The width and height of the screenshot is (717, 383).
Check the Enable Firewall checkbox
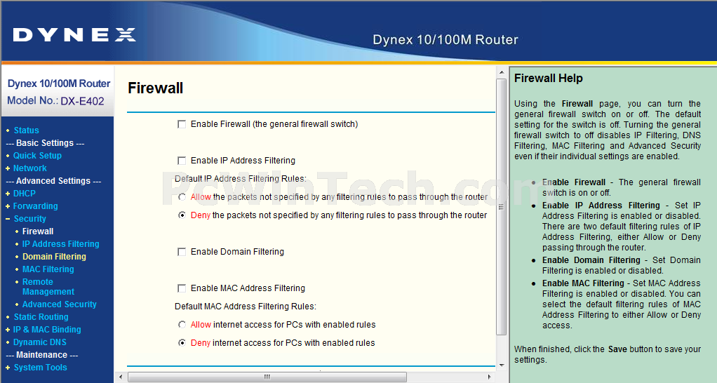pyautogui.click(x=182, y=124)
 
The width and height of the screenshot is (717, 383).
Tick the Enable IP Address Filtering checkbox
pyautogui.click(x=182, y=161)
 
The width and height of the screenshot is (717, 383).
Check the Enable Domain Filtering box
pyautogui.click(x=182, y=252)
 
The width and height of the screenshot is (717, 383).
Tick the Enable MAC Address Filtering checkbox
pyautogui.click(x=182, y=288)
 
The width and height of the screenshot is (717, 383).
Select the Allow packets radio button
pyautogui.click(x=182, y=197)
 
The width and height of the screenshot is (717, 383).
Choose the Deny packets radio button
pyautogui.click(x=182, y=215)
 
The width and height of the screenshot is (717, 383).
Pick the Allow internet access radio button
pyautogui.click(x=182, y=325)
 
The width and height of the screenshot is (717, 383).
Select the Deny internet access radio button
pyautogui.click(x=182, y=343)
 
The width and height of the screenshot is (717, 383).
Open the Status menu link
pyautogui.click(x=26, y=130)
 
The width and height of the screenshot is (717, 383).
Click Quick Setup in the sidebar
pyautogui.click(x=37, y=156)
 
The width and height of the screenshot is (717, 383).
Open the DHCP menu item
pyautogui.click(x=25, y=194)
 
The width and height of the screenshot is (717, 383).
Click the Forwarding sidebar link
pyautogui.click(x=36, y=206)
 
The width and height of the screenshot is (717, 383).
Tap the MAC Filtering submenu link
pyautogui.click(x=48, y=269)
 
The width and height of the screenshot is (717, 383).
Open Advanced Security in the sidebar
pyautogui.click(x=60, y=304)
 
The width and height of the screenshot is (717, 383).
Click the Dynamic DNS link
pyautogui.click(x=40, y=342)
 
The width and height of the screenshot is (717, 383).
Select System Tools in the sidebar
pyautogui.click(x=40, y=368)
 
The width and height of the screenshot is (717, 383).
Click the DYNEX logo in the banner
pyautogui.click(x=74, y=35)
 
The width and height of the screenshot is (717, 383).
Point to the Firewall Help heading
pyautogui.click(x=548, y=78)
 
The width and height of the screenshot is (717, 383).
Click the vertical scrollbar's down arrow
pyautogui.click(x=502, y=365)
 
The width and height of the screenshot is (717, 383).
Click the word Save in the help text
pyautogui.click(x=617, y=349)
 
